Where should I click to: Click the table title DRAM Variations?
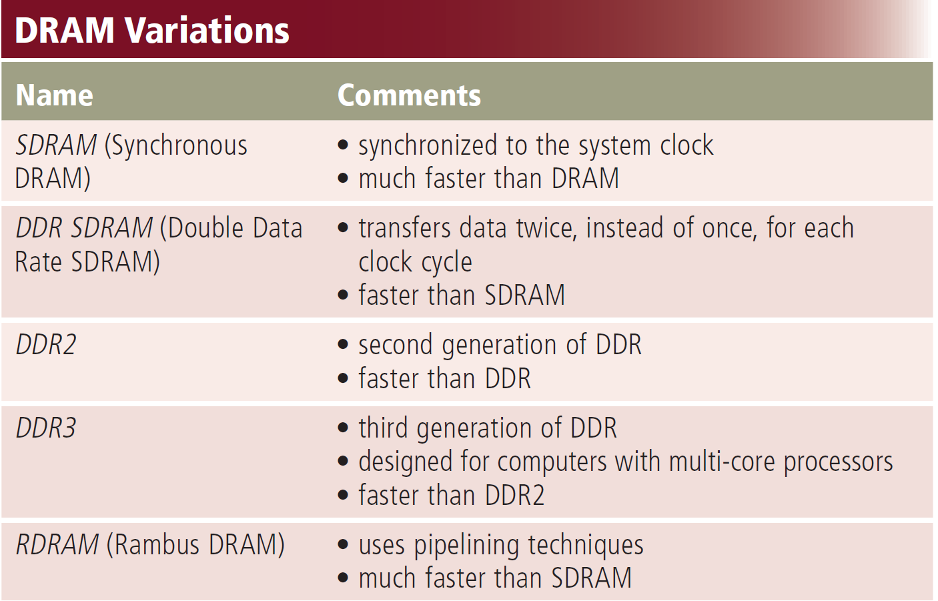pyautogui.click(x=152, y=31)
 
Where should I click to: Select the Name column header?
pyautogui.click(x=54, y=95)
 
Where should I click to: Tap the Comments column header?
pyautogui.click(x=409, y=95)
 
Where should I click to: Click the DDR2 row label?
pyautogui.click(x=46, y=345)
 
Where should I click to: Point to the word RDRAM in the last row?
pyautogui.click(x=57, y=544)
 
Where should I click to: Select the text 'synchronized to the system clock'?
pyautogui.click(x=535, y=145)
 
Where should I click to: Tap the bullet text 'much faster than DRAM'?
pyautogui.click(x=488, y=179)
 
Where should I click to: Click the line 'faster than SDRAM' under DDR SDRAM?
pyautogui.click(x=461, y=295)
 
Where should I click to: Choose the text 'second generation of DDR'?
pyautogui.click(x=500, y=345)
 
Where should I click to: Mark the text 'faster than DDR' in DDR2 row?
pyautogui.click(x=444, y=379)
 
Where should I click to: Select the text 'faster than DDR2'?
pyautogui.click(x=451, y=496)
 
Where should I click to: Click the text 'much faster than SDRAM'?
pyautogui.click(x=494, y=578)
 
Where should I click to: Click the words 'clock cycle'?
pyautogui.click(x=415, y=262)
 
